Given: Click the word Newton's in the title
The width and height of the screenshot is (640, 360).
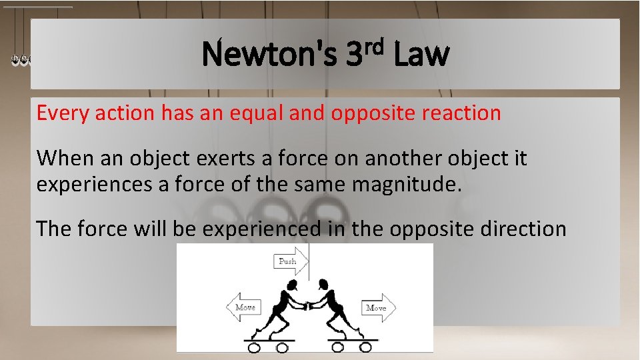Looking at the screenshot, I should [x=269, y=55].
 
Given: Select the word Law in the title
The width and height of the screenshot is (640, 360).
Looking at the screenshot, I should [x=421, y=55].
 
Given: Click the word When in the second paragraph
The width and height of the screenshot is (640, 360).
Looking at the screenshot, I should [x=63, y=159].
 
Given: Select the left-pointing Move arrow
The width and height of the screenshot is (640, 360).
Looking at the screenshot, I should [x=243, y=307].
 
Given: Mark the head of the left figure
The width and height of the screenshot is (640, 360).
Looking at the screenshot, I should [x=291, y=285].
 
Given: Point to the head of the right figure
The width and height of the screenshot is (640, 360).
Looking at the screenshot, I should [x=325, y=285].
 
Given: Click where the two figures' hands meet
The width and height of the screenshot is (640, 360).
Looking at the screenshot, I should [x=309, y=305].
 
